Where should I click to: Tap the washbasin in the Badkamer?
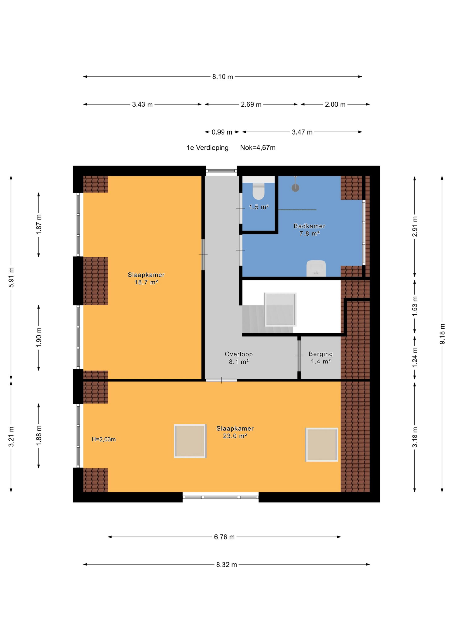click(x=316, y=268)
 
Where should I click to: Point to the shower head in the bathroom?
click(x=295, y=188)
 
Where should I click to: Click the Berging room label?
click(x=321, y=354)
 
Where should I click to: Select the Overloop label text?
click(x=239, y=354)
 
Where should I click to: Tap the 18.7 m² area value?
click(x=146, y=282)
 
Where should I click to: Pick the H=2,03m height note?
click(x=104, y=439)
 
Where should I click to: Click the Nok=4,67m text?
click(x=258, y=148)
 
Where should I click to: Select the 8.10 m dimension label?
click(x=223, y=77)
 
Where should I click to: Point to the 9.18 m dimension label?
click(x=442, y=334)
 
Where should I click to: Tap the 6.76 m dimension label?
click(x=224, y=537)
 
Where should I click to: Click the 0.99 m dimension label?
click(x=222, y=132)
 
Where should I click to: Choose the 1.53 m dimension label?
click(x=415, y=306)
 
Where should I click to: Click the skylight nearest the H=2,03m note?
click(x=190, y=441)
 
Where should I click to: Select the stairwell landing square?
click(x=280, y=309)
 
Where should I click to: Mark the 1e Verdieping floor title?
click(x=207, y=148)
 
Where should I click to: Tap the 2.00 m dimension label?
click(x=335, y=104)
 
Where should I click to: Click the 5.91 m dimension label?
click(x=11, y=277)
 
